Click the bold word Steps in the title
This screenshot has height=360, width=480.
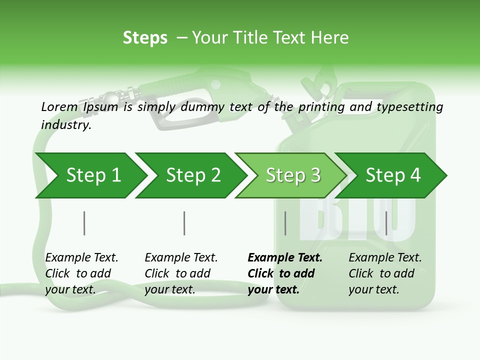click(145, 38)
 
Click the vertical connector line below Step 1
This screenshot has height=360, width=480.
click(84, 223)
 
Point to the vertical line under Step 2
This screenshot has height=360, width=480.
click(184, 223)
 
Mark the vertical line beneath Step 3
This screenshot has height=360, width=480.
click(285, 223)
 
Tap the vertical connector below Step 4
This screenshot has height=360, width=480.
click(386, 223)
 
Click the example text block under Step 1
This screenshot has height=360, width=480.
click(81, 273)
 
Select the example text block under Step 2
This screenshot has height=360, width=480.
click(181, 273)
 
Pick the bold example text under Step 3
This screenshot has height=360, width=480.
click(285, 273)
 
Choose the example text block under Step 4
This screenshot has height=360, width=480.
click(385, 273)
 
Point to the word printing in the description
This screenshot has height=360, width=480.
click(321, 107)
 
